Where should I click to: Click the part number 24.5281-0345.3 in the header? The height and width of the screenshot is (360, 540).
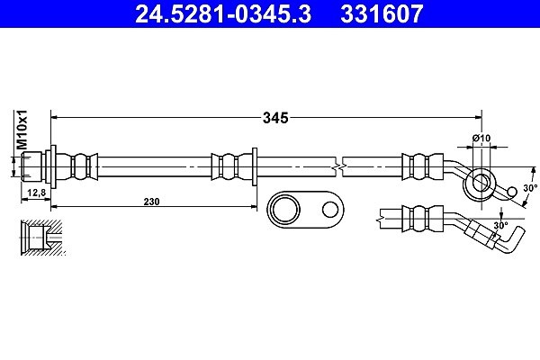coord(223,14)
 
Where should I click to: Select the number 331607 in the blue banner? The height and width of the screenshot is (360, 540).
coord(382,14)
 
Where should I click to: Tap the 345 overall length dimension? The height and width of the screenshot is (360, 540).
coord(275,118)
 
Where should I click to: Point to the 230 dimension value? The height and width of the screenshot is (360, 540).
coord(151,202)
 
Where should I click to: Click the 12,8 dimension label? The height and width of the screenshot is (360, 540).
coord(37,193)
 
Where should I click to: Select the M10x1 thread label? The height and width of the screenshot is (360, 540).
coord(22,130)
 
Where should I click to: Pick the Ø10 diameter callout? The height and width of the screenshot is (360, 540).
coord(481,138)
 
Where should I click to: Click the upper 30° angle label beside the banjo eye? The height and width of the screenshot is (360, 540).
coord(530,188)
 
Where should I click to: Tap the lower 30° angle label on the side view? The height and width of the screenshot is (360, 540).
coord(500,226)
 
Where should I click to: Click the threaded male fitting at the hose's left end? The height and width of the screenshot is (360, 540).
coord(31,166)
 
